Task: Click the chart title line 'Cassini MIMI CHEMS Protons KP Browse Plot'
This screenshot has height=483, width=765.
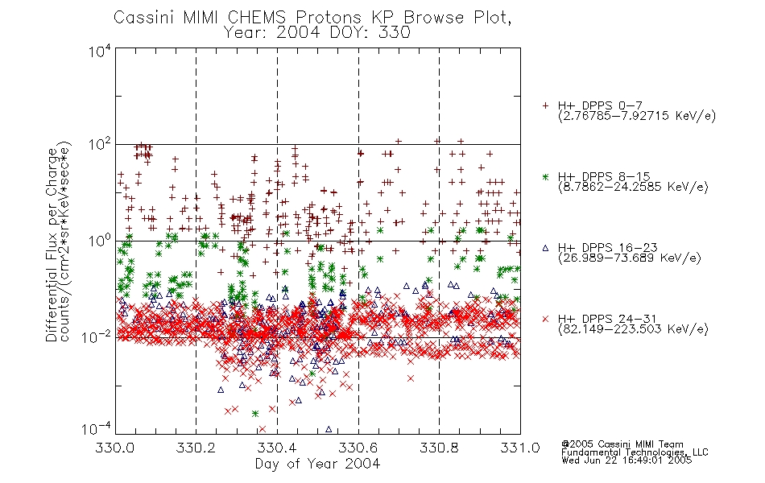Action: pos(312,18)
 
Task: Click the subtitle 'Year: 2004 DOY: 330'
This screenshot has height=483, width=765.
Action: pos(317,33)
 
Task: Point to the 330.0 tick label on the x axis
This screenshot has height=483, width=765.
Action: pos(115,448)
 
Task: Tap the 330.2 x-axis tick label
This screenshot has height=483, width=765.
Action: pos(196,448)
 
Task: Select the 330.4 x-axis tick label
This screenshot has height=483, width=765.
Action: pos(277,448)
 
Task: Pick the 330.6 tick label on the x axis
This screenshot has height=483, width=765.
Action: pos(358,448)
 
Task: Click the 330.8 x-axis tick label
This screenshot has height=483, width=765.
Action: pos(439,448)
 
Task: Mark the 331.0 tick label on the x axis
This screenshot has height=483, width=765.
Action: pos(520,448)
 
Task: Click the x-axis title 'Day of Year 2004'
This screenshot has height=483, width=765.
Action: pos(317,464)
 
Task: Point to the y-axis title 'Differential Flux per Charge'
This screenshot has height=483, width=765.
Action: pos(52,245)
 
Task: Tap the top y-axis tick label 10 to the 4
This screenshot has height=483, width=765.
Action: pos(100,51)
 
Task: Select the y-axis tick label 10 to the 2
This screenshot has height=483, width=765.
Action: pos(100,145)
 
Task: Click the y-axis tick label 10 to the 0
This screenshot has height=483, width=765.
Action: pos(100,241)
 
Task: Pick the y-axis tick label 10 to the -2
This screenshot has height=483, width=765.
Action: pos(97,336)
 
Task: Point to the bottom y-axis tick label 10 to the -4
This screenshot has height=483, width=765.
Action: pos(97,428)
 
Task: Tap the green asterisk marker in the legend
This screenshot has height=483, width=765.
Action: pos(545,177)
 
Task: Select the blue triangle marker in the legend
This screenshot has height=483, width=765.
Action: pos(545,248)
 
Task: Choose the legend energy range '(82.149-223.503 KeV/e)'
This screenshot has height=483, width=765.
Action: pos(633,329)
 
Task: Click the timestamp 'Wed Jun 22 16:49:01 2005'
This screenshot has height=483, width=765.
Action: pos(626,460)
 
